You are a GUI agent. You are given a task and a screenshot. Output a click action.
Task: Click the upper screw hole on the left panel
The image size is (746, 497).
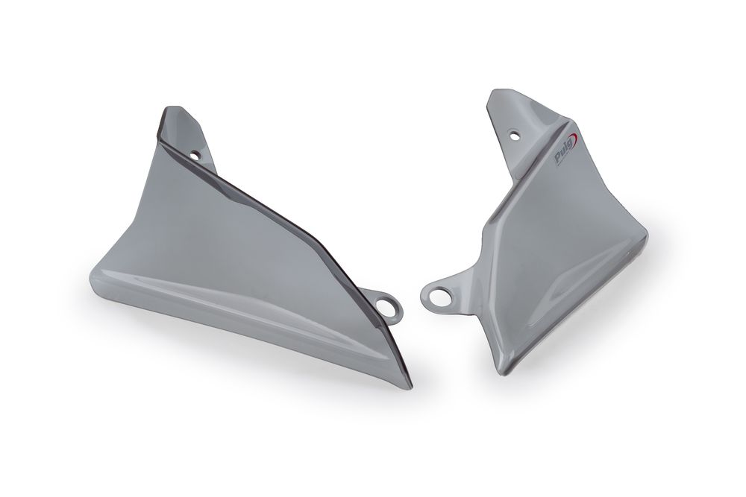click(x=195, y=155)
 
